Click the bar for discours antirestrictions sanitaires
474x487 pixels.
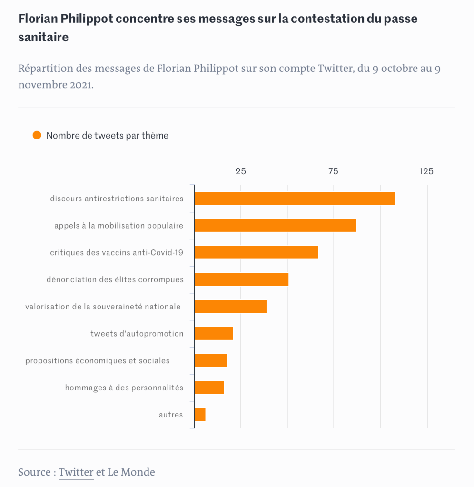(x=295, y=198)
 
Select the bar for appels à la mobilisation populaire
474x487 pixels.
(x=275, y=225)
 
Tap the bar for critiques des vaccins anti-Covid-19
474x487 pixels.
(x=256, y=252)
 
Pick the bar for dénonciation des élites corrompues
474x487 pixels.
(x=241, y=279)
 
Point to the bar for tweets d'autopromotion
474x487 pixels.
(x=214, y=333)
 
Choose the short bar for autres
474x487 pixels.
(x=200, y=415)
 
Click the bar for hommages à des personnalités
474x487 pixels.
(x=209, y=388)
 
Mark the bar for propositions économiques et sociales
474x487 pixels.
(x=211, y=360)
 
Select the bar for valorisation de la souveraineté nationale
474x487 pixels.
(x=230, y=307)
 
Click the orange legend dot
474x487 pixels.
(x=37, y=135)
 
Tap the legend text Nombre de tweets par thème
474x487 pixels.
(x=107, y=136)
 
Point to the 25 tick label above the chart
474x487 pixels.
(x=241, y=171)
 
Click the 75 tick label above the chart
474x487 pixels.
(x=334, y=171)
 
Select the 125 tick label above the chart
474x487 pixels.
(x=426, y=171)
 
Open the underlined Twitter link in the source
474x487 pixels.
(x=76, y=472)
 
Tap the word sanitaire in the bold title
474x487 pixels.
(x=43, y=38)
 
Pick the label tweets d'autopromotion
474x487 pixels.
(x=137, y=334)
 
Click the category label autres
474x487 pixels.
(x=171, y=415)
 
